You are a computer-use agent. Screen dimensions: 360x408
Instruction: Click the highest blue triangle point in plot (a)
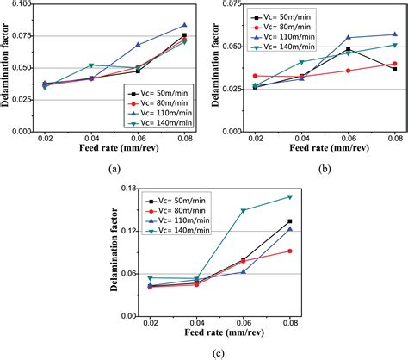click(x=184, y=25)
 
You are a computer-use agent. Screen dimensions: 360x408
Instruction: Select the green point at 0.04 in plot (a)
click(x=91, y=65)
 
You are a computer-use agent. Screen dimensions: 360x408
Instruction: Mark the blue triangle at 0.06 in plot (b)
click(x=349, y=38)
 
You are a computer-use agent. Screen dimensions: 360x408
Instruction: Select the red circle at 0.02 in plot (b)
click(x=255, y=76)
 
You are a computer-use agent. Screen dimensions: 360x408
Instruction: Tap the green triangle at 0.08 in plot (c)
click(x=290, y=196)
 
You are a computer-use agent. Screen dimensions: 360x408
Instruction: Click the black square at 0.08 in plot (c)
click(x=290, y=221)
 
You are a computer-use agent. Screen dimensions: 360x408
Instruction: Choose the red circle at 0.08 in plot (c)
click(x=290, y=251)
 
